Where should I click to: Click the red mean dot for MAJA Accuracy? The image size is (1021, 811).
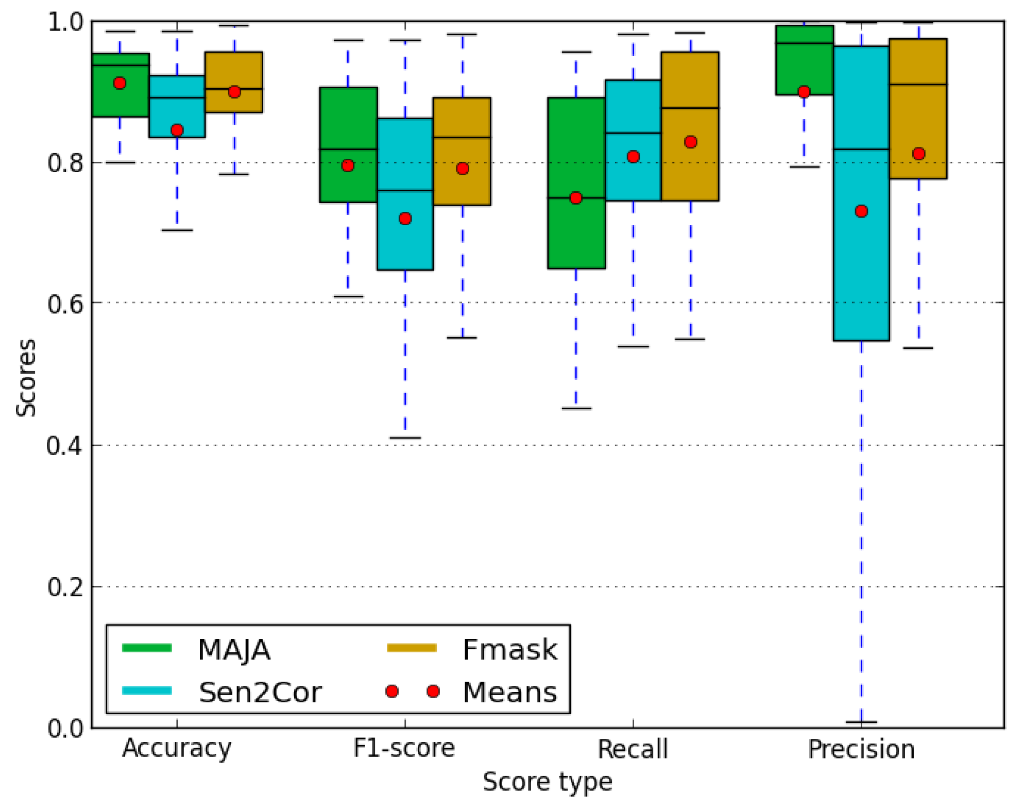[120, 83]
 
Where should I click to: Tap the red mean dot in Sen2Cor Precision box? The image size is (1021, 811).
[861, 211]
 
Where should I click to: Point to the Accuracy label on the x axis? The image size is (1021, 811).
[176, 748]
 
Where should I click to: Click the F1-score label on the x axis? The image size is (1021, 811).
[404, 748]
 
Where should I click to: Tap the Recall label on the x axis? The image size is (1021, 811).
[632, 749]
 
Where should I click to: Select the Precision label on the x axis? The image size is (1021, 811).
[861, 749]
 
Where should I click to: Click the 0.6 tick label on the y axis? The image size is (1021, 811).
[65, 303]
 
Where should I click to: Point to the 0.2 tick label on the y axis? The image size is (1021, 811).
[65, 586]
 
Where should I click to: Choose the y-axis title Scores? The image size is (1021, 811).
[26, 378]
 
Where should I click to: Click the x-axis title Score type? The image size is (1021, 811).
[547, 782]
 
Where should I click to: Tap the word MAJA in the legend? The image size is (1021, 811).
[234, 650]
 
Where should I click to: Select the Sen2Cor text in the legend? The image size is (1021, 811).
[260, 692]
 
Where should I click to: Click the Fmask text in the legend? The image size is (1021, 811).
[510, 650]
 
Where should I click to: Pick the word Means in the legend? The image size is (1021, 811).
[510, 692]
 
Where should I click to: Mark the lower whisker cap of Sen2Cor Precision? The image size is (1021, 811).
[861, 722]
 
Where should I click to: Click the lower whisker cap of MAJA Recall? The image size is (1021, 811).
[576, 408]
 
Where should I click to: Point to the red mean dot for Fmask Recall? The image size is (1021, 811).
[691, 142]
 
